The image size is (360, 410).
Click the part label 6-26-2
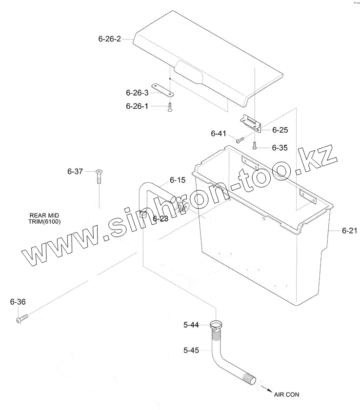(109, 39)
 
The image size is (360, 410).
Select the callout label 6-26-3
(137, 92)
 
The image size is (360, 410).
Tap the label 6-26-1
(137, 106)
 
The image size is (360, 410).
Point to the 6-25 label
(280, 130)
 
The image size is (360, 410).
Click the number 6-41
(219, 134)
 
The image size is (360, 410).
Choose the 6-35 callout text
(280, 147)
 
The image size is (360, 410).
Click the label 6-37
(76, 172)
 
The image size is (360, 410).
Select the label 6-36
(18, 302)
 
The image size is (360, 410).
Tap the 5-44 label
(192, 326)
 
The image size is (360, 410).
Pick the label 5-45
(192, 350)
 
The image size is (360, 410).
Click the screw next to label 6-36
(22, 319)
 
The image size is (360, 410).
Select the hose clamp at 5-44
(216, 325)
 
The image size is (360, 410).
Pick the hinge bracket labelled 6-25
(252, 124)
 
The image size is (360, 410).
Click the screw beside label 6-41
(240, 140)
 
